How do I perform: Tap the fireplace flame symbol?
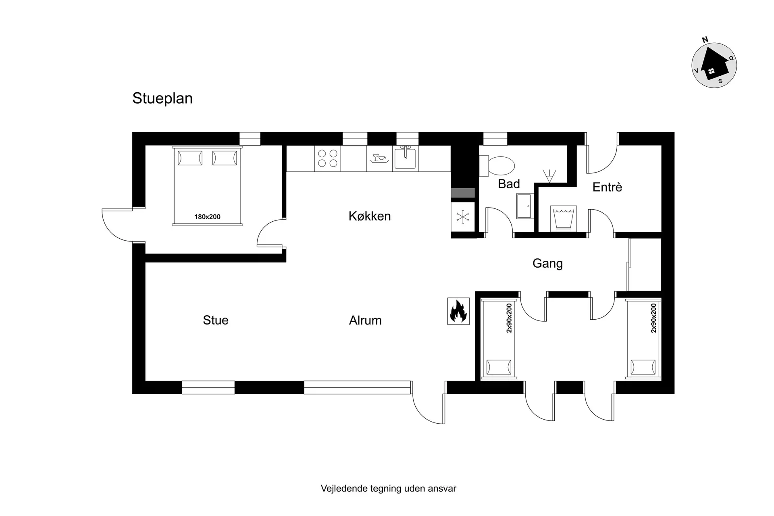point(458,311)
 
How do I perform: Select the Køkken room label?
point(370,216)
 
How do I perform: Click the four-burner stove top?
point(328,158)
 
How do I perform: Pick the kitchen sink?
point(405,158)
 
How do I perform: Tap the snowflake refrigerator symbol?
point(463,217)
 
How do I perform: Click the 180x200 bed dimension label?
point(207,217)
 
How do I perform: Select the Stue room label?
point(216,320)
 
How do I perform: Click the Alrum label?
point(365,320)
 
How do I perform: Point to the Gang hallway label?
point(547,264)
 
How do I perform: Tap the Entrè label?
point(607,187)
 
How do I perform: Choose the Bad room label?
point(509,184)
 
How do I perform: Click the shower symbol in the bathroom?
point(549,175)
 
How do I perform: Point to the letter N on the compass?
point(705,40)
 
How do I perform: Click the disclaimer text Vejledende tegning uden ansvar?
point(389,489)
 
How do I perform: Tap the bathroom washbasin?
point(524,206)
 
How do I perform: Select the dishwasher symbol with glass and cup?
point(379,158)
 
